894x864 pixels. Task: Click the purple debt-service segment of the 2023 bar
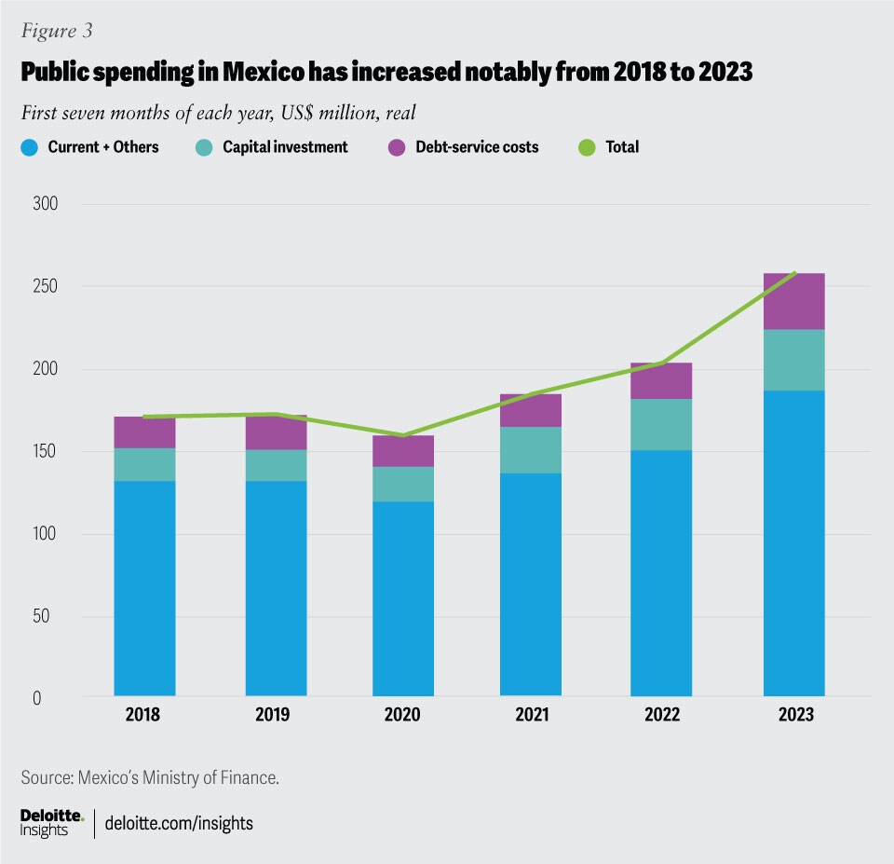click(x=793, y=301)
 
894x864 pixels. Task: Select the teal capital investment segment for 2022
click(x=661, y=424)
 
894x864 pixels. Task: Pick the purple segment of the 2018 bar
click(x=144, y=432)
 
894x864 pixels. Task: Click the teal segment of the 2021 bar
click(x=531, y=450)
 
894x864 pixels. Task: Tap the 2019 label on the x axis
click(x=276, y=715)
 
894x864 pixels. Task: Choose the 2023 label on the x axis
click(x=793, y=715)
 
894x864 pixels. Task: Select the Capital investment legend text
click(x=285, y=147)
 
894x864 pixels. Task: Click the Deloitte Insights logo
click(x=51, y=822)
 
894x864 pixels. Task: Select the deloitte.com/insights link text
click(x=180, y=823)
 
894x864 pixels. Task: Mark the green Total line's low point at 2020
click(x=402, y=435)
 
